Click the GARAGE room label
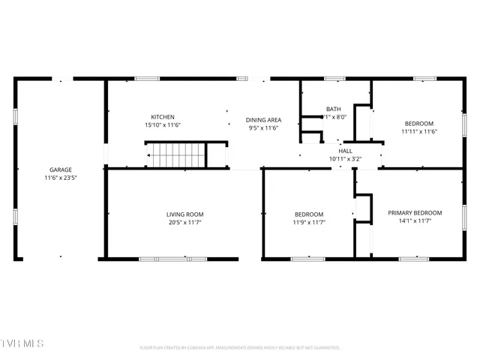click(x=61, y=169)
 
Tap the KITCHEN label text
click(x=163, y=117)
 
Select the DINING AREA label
click(x=263, y=120)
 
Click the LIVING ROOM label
click(x=184, y=214)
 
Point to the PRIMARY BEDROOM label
click(x=415, y=213)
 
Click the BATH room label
click(x=333, y=109)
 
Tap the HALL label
click(x=345, y=151)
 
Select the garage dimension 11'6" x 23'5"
click(x=61, y=178)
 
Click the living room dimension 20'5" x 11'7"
click(x=184, y=223)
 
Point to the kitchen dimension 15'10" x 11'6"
click(x=163, y=125)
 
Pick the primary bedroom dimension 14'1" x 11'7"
click(x=415, y=222)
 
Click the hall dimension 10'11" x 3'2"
click(x=345, y=159)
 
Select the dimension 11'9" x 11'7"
click(x=308, y=223)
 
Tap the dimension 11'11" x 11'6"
click(x=418, y=132)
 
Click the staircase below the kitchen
click(x=177, y=156)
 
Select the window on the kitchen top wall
click(x=146, y=78)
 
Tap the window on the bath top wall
click(x=334, y=78)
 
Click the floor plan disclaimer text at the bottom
click(x=240, y=347)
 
